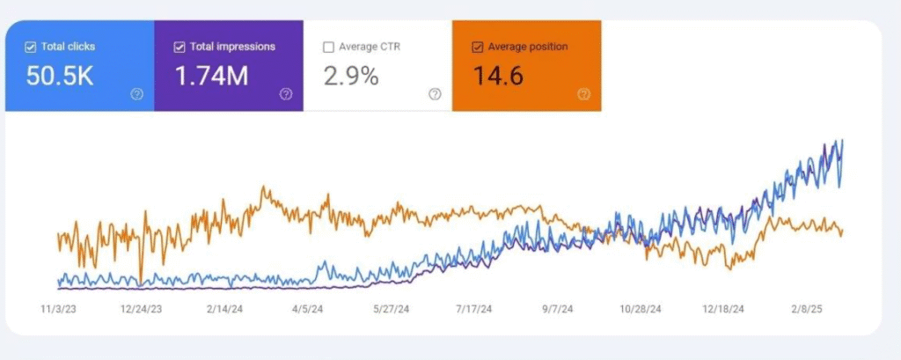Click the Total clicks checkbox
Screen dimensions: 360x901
click(32, 47)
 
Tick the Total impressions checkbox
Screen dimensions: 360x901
click(179, 47)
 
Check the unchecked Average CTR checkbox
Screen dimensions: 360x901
click(328, 47)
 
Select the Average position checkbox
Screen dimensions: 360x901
click(478, 47)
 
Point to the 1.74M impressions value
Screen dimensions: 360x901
click(211, 77)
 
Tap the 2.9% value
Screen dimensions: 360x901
click(351, 77)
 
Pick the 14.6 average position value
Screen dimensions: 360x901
click(498, 77)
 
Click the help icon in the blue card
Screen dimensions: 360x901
click(136, 94)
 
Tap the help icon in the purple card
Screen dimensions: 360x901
click(286, 94)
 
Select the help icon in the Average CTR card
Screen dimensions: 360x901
click(435, 94)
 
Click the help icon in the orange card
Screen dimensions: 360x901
click(583, 94)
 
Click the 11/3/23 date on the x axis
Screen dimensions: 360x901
click(59, 309)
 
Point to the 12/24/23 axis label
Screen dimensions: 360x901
click(142, 309)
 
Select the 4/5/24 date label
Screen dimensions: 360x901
click(306, 309)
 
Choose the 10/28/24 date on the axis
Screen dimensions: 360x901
click(640, 309)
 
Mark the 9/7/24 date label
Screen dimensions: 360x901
click(555, 309)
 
